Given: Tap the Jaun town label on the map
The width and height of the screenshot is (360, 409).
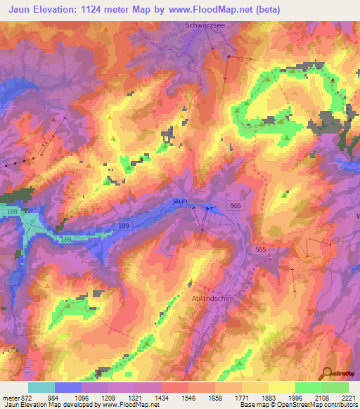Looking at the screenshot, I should pyautogui.click(x=180, y=201).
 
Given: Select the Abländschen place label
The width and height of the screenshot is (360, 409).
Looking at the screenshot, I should pyautogui.click(x=212, y=298).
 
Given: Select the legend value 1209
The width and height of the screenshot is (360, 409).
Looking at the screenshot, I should pyautogui.click(x=108, y=398).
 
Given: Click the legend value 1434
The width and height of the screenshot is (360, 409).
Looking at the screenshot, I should pyautogui.click(x=162, y=398).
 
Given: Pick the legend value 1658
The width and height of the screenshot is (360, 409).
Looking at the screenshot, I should pyautogui.click(x=214, y=398).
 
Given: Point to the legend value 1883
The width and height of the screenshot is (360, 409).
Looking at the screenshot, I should pyautogui.click(x=268, y=398).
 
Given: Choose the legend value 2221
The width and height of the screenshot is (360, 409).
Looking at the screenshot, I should pyautogui.click(x=348, y=398).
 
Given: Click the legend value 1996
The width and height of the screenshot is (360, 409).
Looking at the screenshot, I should pyautogui.click(x=295, y=398).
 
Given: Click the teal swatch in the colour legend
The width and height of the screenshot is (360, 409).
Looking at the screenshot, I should pyautogui.click(x=41, y=387).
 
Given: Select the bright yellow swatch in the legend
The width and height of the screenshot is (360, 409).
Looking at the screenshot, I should pyautogui.click(x=281, y=387).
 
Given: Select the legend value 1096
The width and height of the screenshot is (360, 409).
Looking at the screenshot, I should pyautogui.click(x=82, y=398).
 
